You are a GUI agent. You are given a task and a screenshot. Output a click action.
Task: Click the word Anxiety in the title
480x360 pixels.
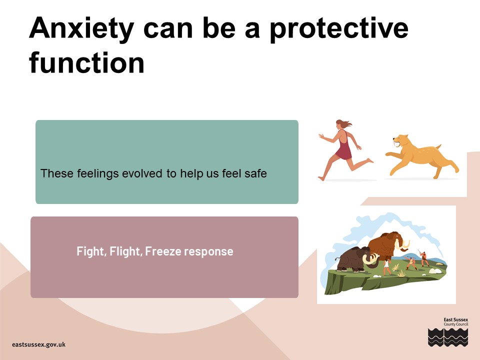(x=81, y=29)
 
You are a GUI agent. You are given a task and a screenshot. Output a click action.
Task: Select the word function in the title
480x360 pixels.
(x=86, y=63)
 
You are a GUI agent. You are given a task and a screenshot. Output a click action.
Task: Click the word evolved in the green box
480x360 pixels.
(x=142, y=173)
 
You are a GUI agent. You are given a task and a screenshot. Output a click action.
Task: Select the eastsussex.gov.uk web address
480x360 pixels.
(x=38, y=344)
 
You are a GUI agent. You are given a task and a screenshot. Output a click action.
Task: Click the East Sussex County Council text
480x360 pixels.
(x=456, y=321)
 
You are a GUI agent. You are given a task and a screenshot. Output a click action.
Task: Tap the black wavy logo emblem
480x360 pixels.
(x=448, y=337)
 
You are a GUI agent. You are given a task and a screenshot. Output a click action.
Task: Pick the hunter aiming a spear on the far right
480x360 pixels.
(x=424, y=258)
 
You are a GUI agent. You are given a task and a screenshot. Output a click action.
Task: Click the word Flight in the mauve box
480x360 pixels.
(x=125, y=251)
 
